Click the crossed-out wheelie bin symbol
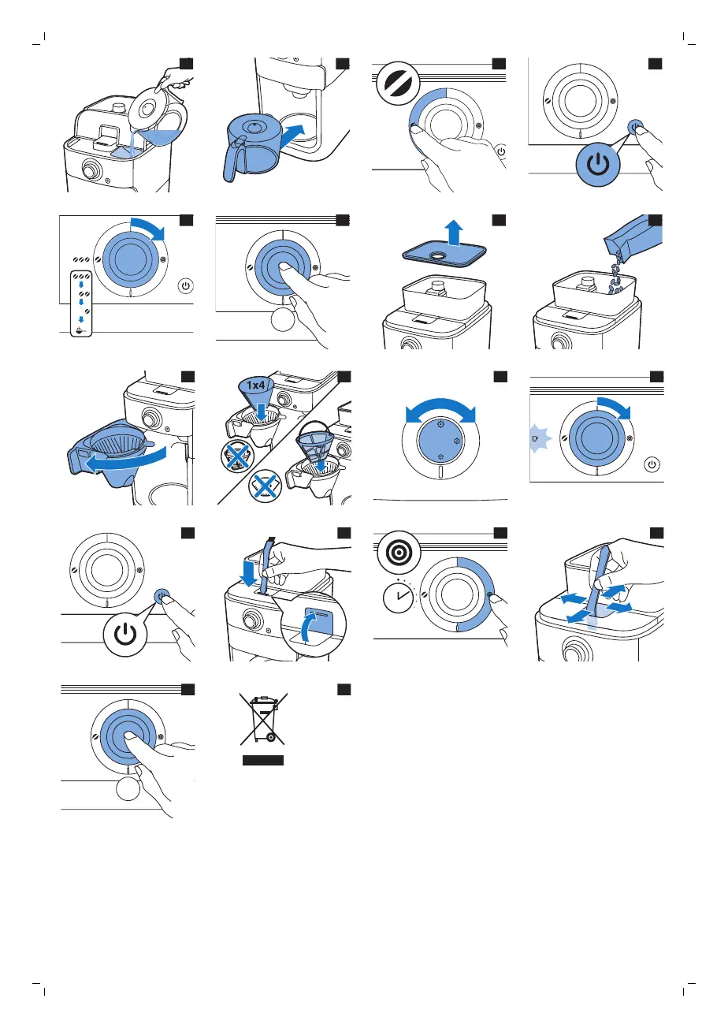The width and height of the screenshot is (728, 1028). (262, 720)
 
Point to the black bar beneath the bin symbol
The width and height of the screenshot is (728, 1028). (262, 760)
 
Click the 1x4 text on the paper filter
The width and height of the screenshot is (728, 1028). (255, 385)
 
